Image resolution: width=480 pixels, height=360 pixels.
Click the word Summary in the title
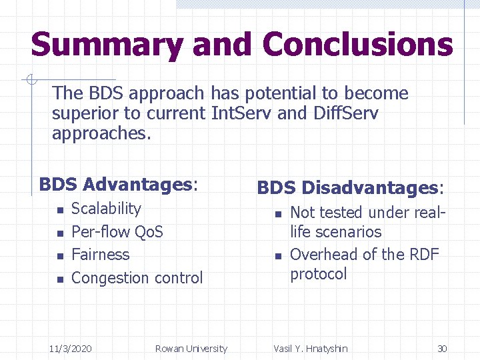click(x=107, y=45)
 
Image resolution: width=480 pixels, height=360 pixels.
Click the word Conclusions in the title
click(x=357, y=45)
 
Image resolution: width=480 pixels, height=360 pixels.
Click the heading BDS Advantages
click(x=118, y=184)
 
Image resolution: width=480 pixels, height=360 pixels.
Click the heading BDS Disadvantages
click(x=350, y=188)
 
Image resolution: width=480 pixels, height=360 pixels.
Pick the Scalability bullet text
click(x=106, y=209)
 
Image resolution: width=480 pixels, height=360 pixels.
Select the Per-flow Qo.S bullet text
click(x=117, y=232)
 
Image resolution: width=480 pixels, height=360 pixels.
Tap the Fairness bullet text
click(x=100, y=255)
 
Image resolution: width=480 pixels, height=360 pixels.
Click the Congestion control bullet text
click(x=137, y=278)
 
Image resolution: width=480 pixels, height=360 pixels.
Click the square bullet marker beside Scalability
click(x=59, y=211)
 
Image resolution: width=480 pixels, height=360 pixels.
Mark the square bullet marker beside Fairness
click(x=59, y=256)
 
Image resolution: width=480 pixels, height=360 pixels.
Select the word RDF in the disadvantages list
click(x=423, y=255)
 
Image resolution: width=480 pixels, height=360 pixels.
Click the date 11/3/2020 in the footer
click(x=71, y=349)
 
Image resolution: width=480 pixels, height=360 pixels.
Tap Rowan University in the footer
click(x=191, y=349)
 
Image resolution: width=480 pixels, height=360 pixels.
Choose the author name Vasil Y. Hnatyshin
click(x=310, y=349)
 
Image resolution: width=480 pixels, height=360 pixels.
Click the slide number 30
click(x=441, y=349)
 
